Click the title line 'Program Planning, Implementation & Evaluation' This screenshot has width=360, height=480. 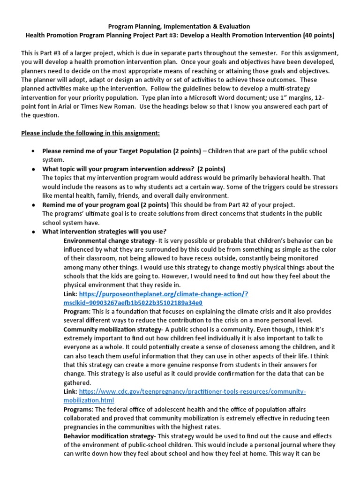click(x=180, y=27)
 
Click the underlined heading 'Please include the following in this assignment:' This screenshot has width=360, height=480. click(x=90, y=133)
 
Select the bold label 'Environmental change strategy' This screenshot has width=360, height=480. click(x=109, y=240)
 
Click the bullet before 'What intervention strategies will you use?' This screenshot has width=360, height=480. click(x=33, y=232)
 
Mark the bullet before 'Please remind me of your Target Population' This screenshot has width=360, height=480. click(x=33, y=151)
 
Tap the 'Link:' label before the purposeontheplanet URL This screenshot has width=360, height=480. click(x=71, y=294)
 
